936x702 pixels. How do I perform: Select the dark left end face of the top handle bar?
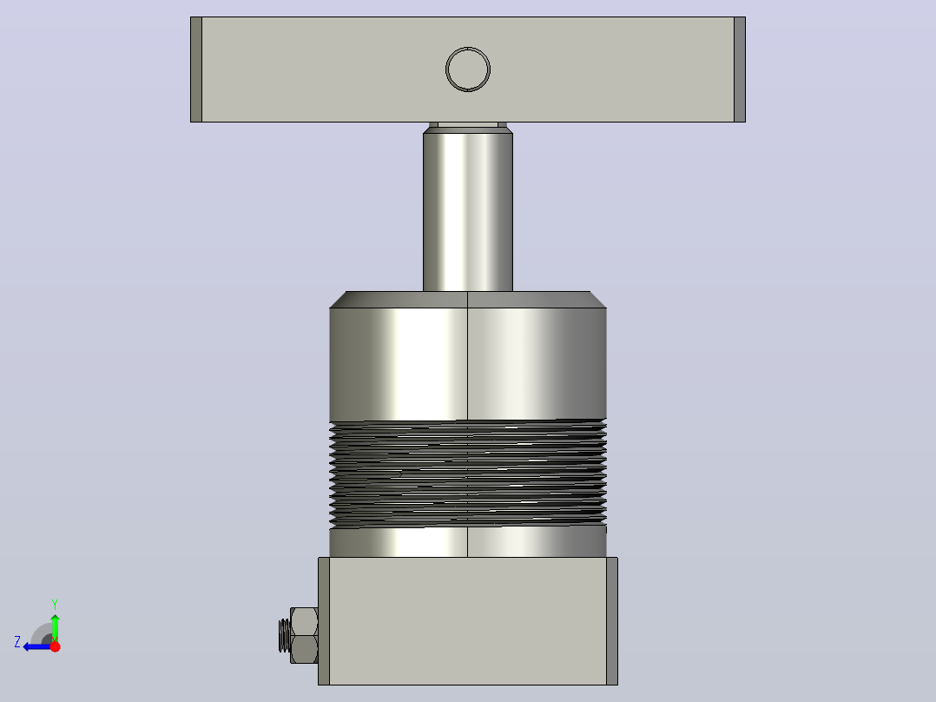click(196, 70)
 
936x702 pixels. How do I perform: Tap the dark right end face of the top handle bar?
click(740, 70)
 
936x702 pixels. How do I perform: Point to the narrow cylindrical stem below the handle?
click(468, 212)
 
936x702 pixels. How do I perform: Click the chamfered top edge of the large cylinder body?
click(468, 300)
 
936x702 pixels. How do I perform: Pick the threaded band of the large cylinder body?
click(468, 474)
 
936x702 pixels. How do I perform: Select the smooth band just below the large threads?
click(468, 542)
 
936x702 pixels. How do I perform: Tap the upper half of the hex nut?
click(304, 621)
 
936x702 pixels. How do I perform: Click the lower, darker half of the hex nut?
click(304, 649)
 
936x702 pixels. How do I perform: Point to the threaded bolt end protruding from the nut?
click(285, 636)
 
